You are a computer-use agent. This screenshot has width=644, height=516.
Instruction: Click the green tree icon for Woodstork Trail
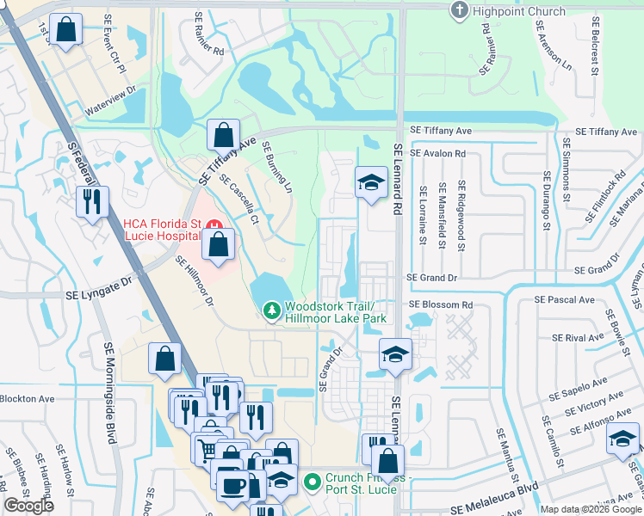[x=272, y=309]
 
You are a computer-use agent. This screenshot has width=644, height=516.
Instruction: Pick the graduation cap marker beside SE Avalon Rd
[x=371, y=181]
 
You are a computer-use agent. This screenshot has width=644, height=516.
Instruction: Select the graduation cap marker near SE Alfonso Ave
[x=622, y=439]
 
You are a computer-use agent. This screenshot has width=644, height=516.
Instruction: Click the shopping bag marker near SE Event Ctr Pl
[x=66, y=30]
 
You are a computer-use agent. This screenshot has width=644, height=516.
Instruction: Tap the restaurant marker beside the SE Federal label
[x=90, y=201]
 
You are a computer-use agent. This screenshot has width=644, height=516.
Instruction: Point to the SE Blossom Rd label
[x=441, y=305]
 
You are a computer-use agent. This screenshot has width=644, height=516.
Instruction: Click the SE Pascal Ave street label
[x=564, y=300]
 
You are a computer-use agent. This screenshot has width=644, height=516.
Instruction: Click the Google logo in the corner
[x=29, y=506]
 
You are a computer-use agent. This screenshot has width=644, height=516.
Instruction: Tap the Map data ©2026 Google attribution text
[x=590, y=509]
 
